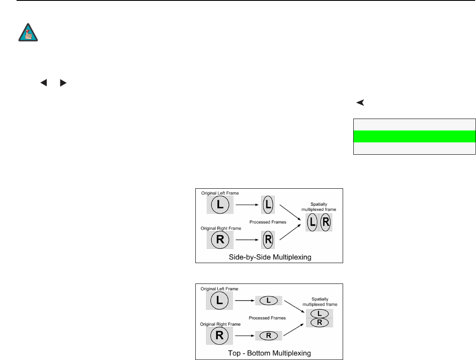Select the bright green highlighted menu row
coord(414,136)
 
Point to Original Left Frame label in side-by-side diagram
coord(220,193)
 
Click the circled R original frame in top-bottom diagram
coord(220,336)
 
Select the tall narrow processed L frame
coord(268,204)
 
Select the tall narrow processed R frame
coord(268,240)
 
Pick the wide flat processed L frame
coord(268,300)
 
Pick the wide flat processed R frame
coord(268,336)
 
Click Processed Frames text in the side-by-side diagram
coord(268,222)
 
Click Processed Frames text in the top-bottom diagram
coord(268,317)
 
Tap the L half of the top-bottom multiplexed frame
coord(319,313)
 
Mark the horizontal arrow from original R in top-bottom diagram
coord(242,336)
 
